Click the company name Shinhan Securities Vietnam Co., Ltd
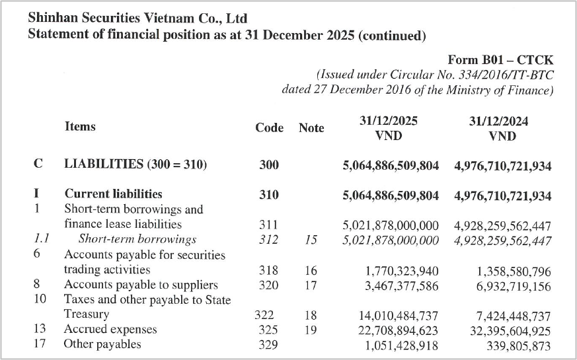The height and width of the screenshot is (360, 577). tap(137, 18)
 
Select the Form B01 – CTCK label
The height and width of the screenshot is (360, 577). tap(500, 59)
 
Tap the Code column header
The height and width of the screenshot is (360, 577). tap(270, 127)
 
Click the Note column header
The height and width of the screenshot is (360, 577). tap(311, 127)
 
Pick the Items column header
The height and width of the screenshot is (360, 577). tap(80, 127)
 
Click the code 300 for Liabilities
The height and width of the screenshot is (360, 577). tap(269, 164)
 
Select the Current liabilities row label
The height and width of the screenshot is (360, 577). tap(113, 194)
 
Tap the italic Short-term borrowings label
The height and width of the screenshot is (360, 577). tap(137, 239)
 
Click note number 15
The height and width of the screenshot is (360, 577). tap(311, 240)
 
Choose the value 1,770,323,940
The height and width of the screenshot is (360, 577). tap(402, 271)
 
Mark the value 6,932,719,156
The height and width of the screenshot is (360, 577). tap(514, 287)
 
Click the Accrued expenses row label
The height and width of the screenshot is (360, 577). tap(110, 329)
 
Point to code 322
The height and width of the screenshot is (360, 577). tap(264, 315)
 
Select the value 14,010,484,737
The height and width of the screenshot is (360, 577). tap(399, 316)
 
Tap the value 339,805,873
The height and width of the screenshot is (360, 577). tap(518, 346)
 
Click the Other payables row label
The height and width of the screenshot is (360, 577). tap(102, 344)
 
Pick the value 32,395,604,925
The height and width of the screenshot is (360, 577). tap(510, 331)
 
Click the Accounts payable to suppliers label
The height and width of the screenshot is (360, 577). tap(141, 285)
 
